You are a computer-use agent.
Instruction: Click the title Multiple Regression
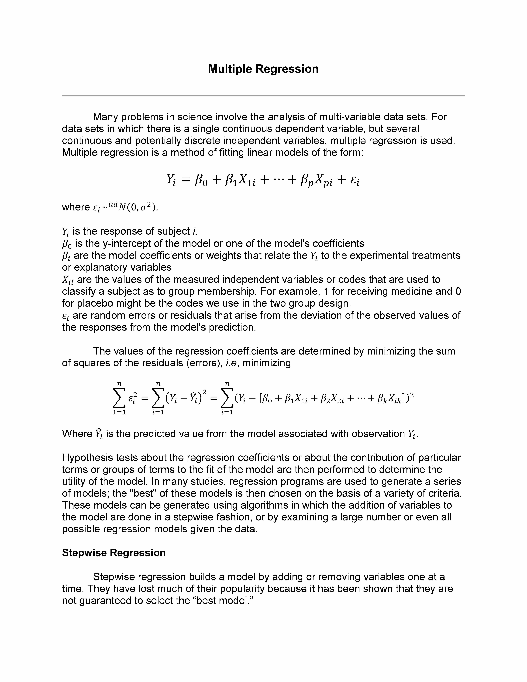click(263, 69)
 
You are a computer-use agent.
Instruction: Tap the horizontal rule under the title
click(263, 96)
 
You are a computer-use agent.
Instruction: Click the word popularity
click(237, 589)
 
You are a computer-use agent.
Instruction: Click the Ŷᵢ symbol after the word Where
click(99, 434)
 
